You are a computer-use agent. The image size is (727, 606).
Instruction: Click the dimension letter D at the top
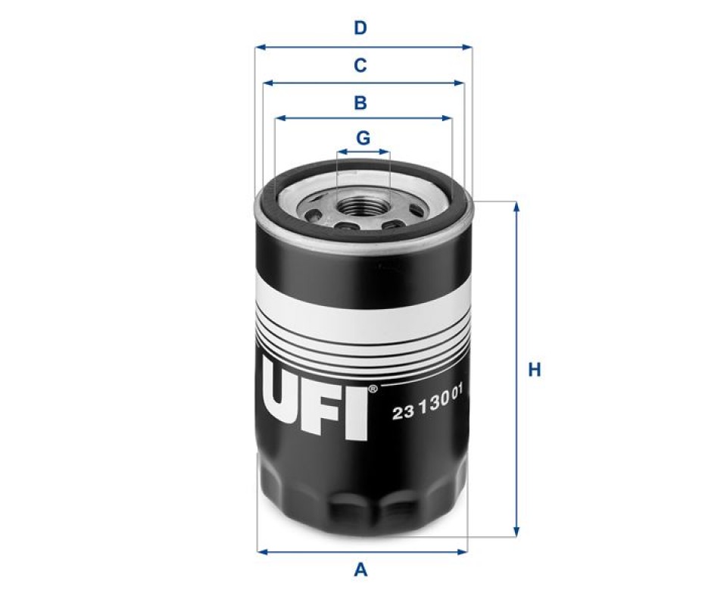360,28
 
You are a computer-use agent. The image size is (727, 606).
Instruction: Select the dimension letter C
360,65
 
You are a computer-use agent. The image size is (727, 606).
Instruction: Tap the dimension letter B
360,102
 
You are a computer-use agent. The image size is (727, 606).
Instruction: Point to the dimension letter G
363,138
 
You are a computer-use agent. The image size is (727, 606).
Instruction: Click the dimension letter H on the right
535,370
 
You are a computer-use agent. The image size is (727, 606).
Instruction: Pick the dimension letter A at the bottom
360,570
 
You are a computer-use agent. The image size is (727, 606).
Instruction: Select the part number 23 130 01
427,403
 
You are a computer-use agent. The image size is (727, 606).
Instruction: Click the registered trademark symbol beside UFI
373,389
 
